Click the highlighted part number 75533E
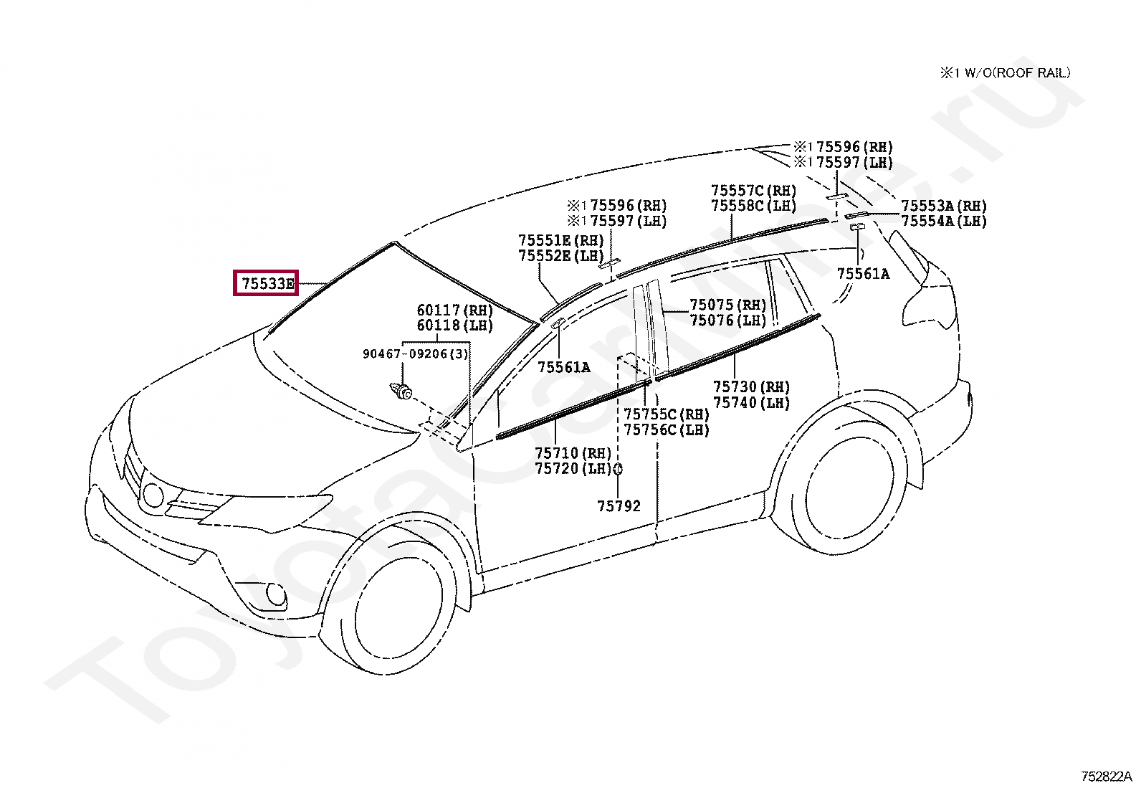267,283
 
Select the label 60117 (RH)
454,310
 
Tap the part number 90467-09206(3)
415,353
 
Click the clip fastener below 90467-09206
401,391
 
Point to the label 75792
619,506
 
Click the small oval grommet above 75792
618,469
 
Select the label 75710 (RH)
573,453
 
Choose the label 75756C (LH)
666,430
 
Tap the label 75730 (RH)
751,387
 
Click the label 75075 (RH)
727,305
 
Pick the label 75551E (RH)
560,240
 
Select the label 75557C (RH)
753,191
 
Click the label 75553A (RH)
943,207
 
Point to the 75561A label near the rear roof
863,274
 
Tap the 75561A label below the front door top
564,367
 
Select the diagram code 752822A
1106,777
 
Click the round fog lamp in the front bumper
275,594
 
